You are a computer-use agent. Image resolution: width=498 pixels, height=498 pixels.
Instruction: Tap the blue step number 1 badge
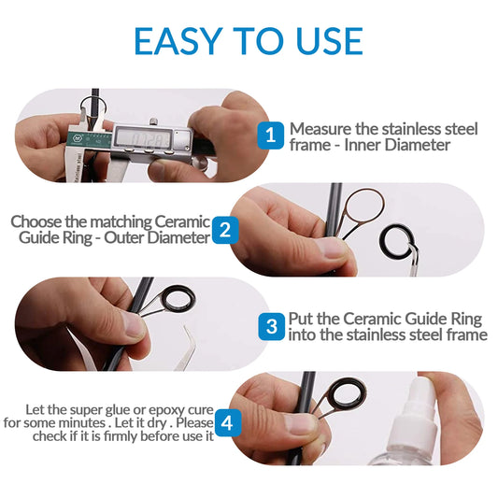pyautogui.click(x=270, y=135)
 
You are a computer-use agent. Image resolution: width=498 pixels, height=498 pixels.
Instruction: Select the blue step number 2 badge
pyautogui.click(x=224, y=230)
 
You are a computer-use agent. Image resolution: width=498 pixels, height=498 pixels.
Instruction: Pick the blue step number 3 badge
pyautogui.click(x=271, y=326)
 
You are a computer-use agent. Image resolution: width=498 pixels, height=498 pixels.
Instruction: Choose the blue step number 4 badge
pyautogui.click(x=229, y=421)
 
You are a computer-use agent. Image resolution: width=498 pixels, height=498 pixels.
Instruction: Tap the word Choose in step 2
pyautogui.click(x=37, y=221)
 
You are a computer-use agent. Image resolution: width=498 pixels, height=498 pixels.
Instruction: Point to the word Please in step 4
pyautogui.click(x=192, y=423)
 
